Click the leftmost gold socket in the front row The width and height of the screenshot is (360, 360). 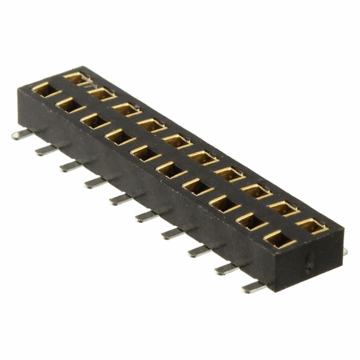(44, 88)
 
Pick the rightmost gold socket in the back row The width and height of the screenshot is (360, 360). (312, 226)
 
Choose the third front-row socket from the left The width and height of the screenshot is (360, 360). (94, 120)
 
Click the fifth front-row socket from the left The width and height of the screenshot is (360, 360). (145, 152)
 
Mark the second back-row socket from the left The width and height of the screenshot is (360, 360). (102, 93)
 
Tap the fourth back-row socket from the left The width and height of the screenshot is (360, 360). (152, 124)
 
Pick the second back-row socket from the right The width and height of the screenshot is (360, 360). (284, 208)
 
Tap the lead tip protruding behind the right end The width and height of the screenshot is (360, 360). (344, 251)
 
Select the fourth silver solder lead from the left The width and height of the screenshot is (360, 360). (96, 181)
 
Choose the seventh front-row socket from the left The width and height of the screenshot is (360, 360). (197, 185)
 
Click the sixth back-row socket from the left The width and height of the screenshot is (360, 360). (202, 157)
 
